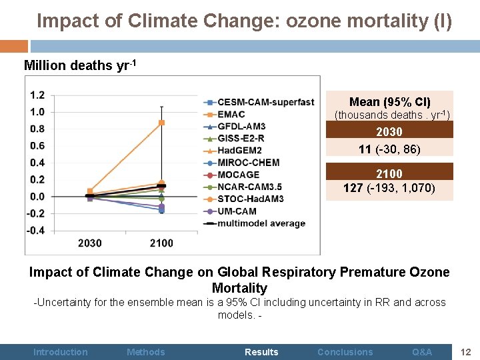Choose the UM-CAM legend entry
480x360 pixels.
coord(237,211)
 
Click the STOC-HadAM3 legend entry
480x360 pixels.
coord(251,199)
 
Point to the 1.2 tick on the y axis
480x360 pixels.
coord(37,95)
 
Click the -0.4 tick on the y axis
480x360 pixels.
coord(36,230)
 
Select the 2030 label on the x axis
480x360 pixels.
coord(90,243)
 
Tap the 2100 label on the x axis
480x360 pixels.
coord(161,243)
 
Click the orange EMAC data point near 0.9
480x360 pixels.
coord(161,123)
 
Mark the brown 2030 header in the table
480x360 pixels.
coord(389,132)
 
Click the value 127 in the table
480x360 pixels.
coord(353,188)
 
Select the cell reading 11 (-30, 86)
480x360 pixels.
coord(389,149)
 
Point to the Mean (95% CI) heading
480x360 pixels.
coord(390,102)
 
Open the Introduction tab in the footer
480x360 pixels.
coord(61,352)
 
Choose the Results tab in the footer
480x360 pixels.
coord(261,352)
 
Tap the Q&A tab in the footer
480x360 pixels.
coord(422,352)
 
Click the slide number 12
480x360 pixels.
coord(466,351)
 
